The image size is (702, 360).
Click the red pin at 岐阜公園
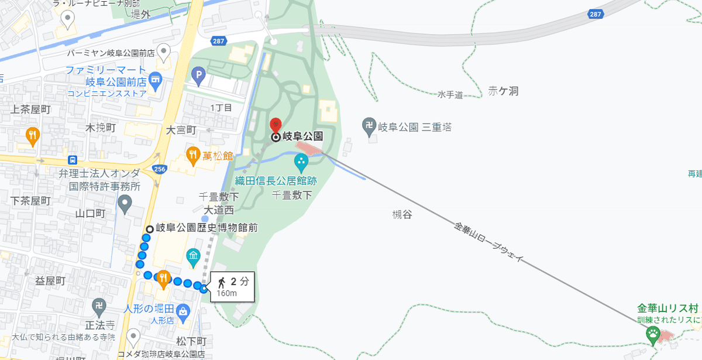[x=276, y=125]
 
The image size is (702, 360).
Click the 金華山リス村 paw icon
[x=653, y=333]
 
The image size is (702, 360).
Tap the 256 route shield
[x=159, y=169]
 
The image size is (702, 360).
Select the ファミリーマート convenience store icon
[x=155, y=78]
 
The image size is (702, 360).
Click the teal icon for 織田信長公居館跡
[x=301, y=160]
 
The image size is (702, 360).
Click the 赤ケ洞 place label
[x=503, y=91]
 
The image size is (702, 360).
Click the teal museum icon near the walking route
[x=193, y=256]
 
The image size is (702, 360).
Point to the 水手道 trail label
[x=450, y=94]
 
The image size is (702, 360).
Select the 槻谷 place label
[x=402, y=215]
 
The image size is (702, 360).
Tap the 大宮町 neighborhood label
[x=181, y=129]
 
